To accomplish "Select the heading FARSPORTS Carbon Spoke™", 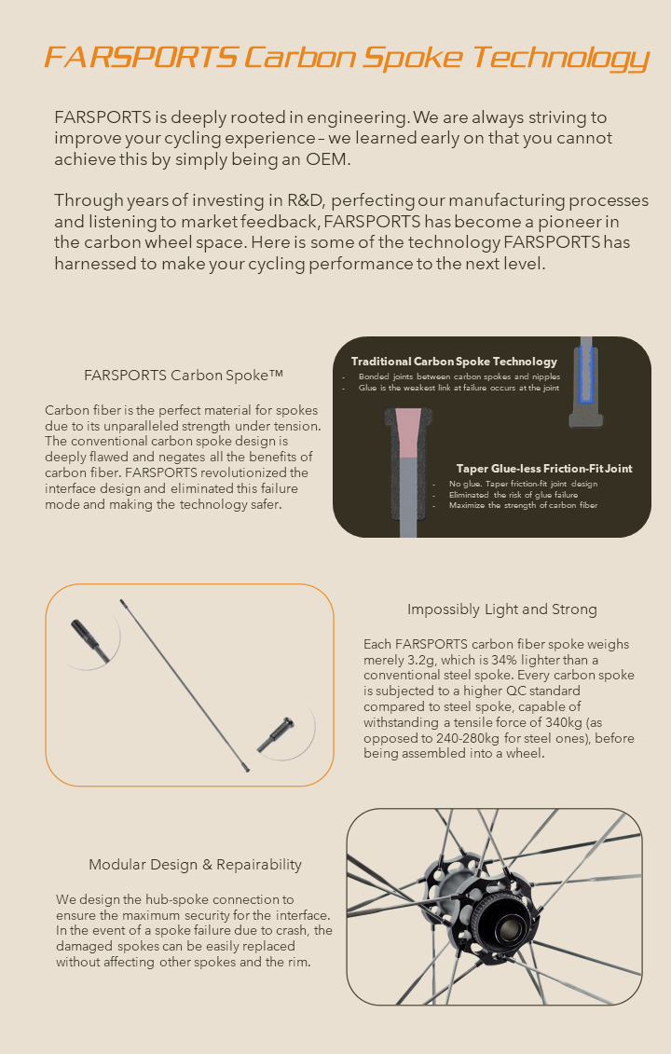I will pyautogui.click(x=184, y=376).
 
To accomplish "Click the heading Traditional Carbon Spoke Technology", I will pyautogui.click(x=454, y=361).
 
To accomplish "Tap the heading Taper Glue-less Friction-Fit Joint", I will pyautogui.click(x=544, y=468).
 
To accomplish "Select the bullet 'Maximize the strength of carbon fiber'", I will pyautogui.click(x=523, y=505).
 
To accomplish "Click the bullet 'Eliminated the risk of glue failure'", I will pyautogui.click(x=513, y=495).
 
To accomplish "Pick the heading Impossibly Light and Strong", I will pyautogui.click(x=502, y=609).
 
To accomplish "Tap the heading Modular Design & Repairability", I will pyautogui.click(x=195, y=865).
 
